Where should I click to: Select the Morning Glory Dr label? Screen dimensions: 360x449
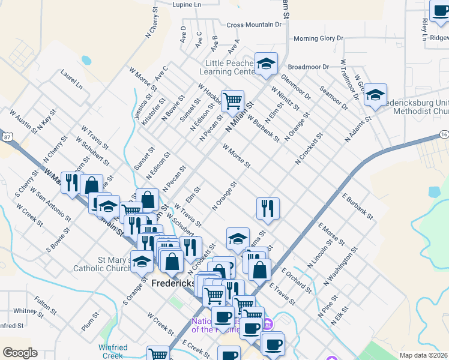[318, 38]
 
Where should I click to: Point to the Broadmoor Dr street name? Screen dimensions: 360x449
[309, 67]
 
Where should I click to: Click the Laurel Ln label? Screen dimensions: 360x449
[71, 78]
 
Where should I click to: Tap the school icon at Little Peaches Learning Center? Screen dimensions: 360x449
[265, 64]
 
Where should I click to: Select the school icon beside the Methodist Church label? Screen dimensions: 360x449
[376, 96]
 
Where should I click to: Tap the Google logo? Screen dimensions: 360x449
[20, 352]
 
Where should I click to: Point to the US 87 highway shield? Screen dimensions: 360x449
[6, 137]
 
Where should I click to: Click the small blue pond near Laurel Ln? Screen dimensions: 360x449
[86, 61]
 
